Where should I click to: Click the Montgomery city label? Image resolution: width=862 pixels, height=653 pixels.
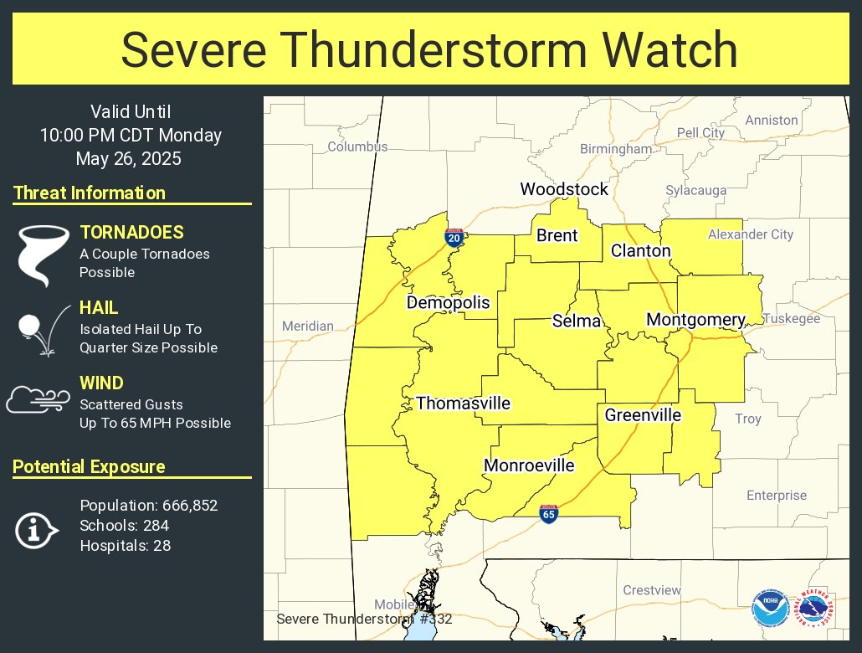pyautogui.click(x=695, y=320)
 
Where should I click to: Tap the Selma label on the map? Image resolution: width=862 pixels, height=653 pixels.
pyautogui.click(x=577, y=321)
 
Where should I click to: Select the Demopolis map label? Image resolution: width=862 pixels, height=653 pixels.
pyautogui.click(x=448, y=302)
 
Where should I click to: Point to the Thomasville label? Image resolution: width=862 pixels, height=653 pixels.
pyautogui.click(x=463, y=404)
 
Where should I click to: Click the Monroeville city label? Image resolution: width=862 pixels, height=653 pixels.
pyautogui.click(x=529, y=465)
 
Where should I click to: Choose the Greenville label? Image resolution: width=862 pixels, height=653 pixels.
pyautogui.click(x=643, y=415)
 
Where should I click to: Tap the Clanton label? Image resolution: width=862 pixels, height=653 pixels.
pyautogui.click(x=640, y=250)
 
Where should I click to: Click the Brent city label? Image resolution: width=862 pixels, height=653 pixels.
pyautogui.click(x=557, y=235)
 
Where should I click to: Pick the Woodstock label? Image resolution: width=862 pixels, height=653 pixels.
pyautogui.click(x=564, y=189)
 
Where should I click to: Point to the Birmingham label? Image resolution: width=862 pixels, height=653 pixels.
pyautogui.click(x=616, y=149)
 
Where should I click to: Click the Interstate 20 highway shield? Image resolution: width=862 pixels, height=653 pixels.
pyautogui.click(x=454, y=238)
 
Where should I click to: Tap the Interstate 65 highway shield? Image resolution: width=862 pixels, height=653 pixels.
pyautogui.click(x=548, y=513)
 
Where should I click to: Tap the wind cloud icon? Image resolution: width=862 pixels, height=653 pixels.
pyautogui.click(x=38, y=399)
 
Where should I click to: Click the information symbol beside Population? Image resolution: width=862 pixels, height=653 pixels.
pyautogui.click(x=36, y=529)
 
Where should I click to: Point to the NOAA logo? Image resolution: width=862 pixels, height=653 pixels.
pyautogui.click(x=769, y=609)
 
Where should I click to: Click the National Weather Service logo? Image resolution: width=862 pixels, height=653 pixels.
pyautogui.click(x=814, y=609)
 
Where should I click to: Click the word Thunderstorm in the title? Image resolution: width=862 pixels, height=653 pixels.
pyautogui.click(x=511, y=49)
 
